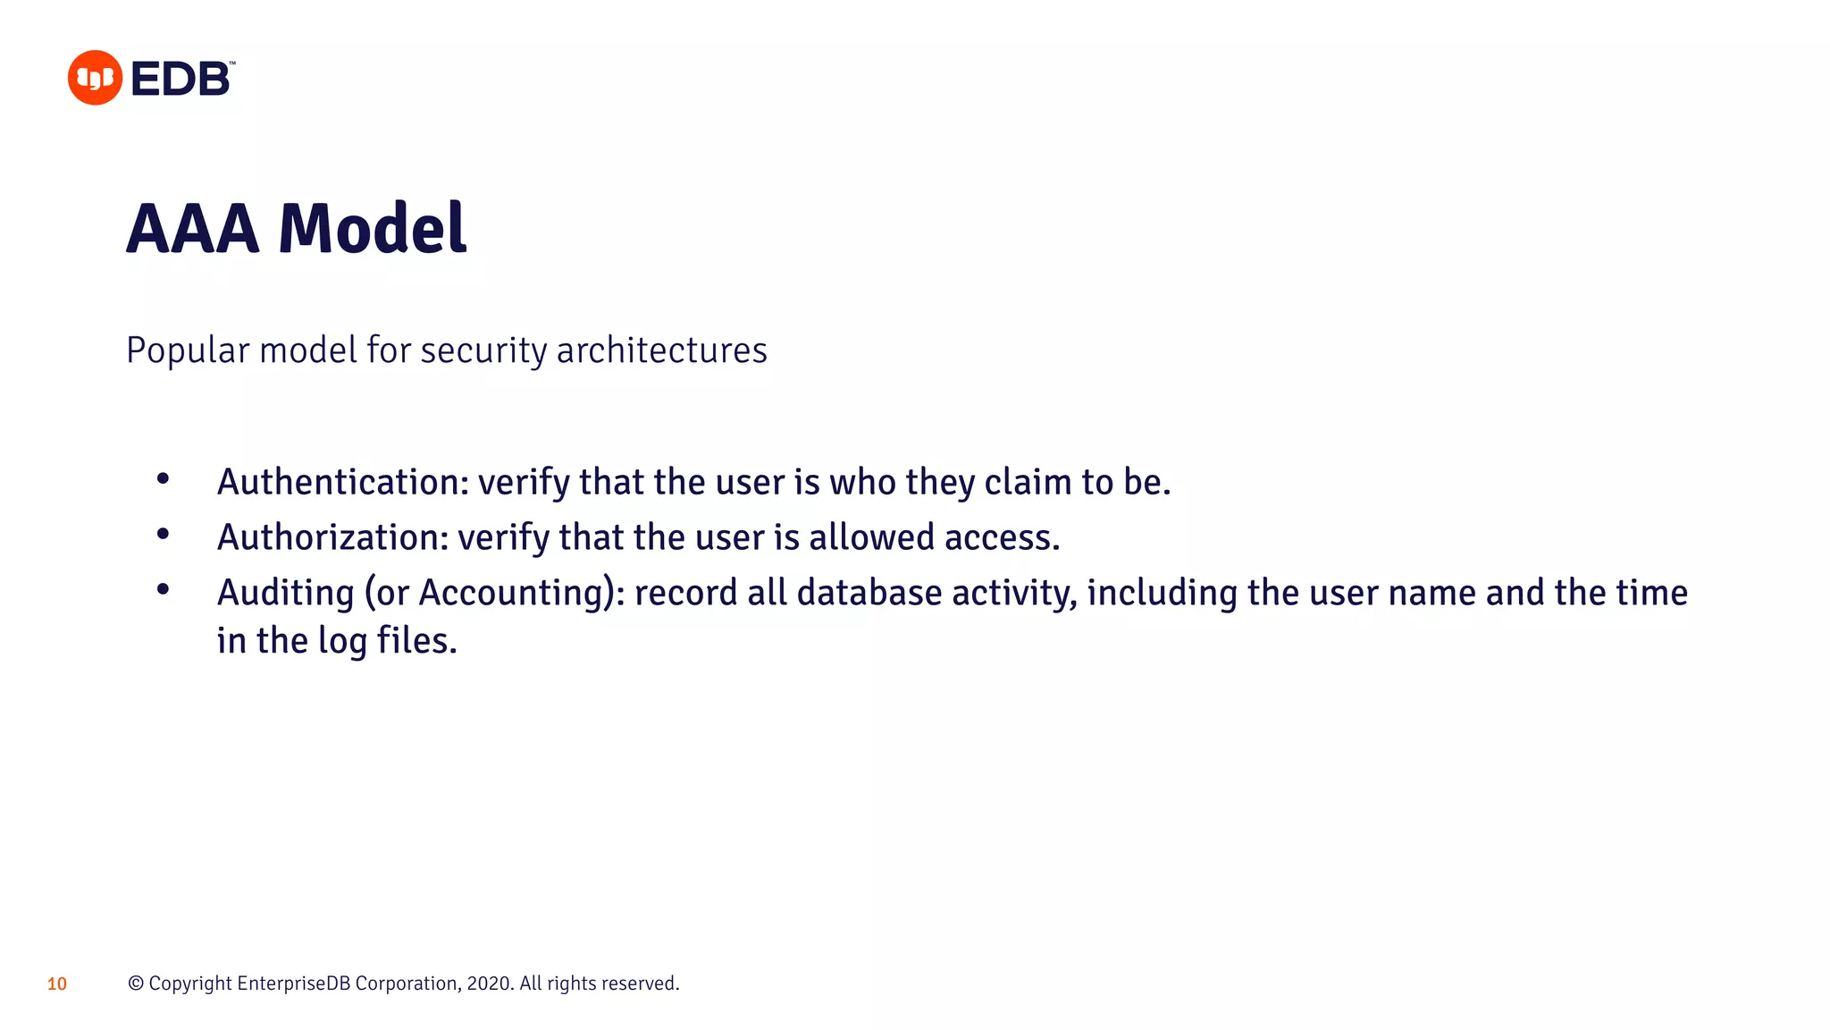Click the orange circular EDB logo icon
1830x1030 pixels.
coord(95,78)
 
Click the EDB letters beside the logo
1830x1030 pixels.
coord(181,79)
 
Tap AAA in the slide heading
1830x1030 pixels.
coord(193,229)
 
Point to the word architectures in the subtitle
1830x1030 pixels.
coord(661,350)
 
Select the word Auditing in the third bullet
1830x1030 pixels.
coord(286,593)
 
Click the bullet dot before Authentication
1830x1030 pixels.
coord(163,479)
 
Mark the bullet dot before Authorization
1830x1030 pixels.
coord(163,535)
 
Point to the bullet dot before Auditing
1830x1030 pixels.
coord(163,589)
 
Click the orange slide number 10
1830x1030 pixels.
coord(57,984)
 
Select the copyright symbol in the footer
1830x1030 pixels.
coord(136,984)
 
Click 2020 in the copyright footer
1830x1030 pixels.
coord(488,984)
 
